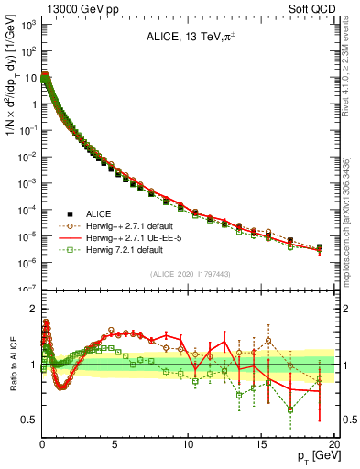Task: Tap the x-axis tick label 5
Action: (115, 443)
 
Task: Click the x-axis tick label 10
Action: (188, 443)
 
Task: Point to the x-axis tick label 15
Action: (261, 443)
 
